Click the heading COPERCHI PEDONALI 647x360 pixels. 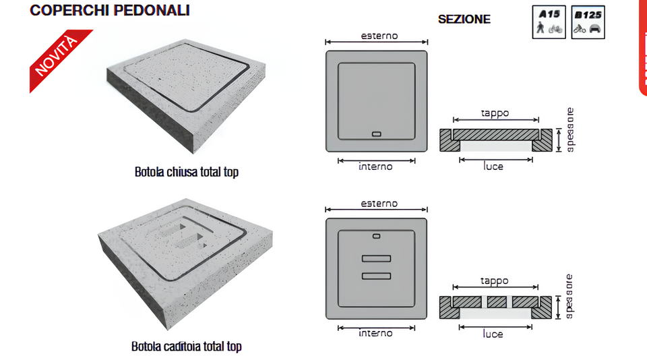110,10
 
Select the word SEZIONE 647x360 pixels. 464,20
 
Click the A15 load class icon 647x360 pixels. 549,22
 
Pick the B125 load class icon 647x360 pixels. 588,22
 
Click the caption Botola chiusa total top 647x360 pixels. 187,172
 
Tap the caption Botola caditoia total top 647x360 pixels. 187,347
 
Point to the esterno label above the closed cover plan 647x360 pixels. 379,36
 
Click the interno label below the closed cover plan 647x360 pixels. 375,167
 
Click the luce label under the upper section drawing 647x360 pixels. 493,167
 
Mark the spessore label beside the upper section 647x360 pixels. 570,130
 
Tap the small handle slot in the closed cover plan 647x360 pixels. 376,134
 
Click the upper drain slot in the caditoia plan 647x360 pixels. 376,259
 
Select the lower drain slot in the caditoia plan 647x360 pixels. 376,276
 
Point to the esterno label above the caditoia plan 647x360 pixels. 379,204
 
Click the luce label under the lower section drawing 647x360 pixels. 493,334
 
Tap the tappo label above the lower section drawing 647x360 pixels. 494,281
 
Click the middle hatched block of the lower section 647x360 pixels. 497,302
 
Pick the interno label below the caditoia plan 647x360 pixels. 375,333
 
